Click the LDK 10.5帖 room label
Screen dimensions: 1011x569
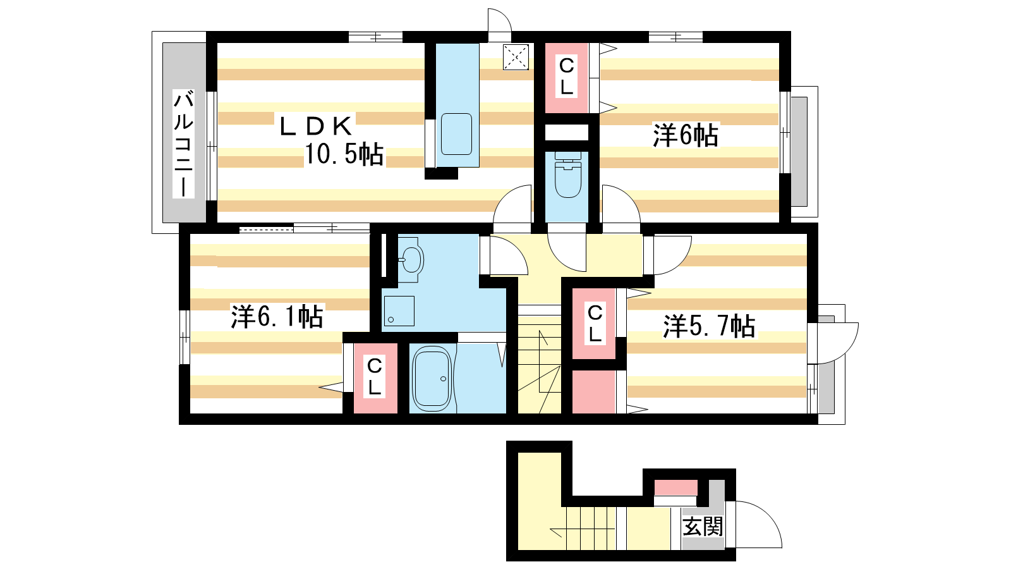[331, 140]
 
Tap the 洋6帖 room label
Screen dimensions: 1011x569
[685, 135]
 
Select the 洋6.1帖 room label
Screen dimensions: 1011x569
[277, 317]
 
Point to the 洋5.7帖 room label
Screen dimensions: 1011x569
[708, 326]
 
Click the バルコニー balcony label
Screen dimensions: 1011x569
[184, 144]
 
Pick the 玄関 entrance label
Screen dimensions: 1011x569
[702, 527]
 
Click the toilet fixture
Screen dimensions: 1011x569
[568, 174]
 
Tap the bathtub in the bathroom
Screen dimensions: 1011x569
[432, 379]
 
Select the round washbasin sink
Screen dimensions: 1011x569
[411, 260]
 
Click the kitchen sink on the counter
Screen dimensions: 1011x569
[456, 134]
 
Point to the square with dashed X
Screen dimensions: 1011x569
[516, 57]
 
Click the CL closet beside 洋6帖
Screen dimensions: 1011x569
[567, 78]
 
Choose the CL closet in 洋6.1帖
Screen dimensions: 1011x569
[375, 379]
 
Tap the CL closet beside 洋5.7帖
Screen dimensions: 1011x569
[595, 324]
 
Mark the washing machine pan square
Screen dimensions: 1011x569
[399, 311]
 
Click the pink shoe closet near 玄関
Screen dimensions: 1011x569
[675, 487]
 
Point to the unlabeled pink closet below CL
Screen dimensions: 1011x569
[594, 392]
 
